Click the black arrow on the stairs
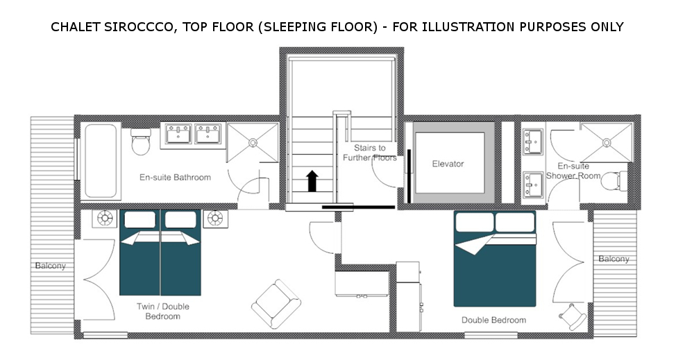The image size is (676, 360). [x=312, y=181]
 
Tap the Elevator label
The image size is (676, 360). [x=448, y=164]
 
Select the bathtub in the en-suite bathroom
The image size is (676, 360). [x=101, y=161]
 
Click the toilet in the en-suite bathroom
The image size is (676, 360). [x=141, y=142]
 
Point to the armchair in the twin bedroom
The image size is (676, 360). [x=276, y=304]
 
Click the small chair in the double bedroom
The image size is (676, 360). [x=573, y=316]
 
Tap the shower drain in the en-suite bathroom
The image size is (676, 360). [x=253, y=142]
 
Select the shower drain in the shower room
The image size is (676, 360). [x=607, y=142]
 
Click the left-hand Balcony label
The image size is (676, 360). [x=51, y=266]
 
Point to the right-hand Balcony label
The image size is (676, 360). [x=614, y=259]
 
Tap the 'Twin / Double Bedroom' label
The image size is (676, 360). [x=163, y=311]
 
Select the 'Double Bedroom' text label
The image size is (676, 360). [x=493, y=320]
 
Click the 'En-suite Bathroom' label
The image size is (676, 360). [x=175, y=177]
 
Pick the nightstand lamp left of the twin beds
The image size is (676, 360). [x=105, y=218]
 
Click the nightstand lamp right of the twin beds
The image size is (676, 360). [x=215, y=218]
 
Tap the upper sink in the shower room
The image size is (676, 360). [x=532, y=142]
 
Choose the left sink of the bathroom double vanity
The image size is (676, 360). [x=178, y=134]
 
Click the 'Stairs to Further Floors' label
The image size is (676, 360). [x=369, y=153]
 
